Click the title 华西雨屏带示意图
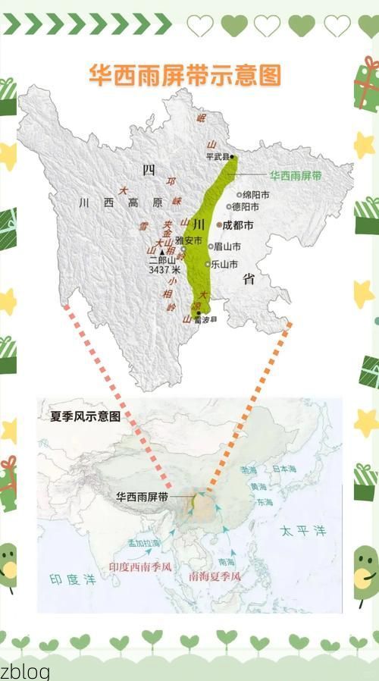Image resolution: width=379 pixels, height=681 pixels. click(185, 75)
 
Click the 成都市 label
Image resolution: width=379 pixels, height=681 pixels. click(238, 224)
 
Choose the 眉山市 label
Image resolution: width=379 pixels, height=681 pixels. click(227, 246)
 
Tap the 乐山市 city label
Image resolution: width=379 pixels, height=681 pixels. click(224, 264)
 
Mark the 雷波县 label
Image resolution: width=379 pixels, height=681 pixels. click(205, 320)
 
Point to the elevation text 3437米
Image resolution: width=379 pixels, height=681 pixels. click(164, 269)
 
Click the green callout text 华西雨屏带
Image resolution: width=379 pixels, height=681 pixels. click(296, 175)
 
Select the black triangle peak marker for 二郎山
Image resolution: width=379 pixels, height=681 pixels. click(161, 251)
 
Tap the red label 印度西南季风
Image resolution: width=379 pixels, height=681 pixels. click(140, 566)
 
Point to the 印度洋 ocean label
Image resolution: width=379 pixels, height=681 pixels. click(73, 580)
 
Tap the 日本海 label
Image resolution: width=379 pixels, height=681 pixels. click(286, 469)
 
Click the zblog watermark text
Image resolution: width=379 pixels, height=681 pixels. click(24, 670)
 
